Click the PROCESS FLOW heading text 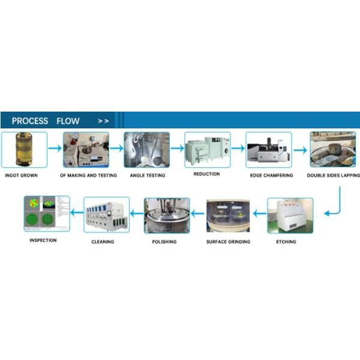pos(46,121)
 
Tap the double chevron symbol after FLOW pos(103,121)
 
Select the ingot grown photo pos(24,150)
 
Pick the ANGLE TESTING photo pos(147,150)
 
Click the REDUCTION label pos(207,174)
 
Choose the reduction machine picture pos(207,149)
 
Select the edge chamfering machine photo pos(269,150)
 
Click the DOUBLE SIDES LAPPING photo pos(332,150)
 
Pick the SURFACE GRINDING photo pos(228,215)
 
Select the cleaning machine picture pos(106,215)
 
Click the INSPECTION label pos(43,241)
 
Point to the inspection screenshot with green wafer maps pos(47,214)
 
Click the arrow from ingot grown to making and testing pos(55,148)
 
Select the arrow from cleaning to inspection pos(77,212)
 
